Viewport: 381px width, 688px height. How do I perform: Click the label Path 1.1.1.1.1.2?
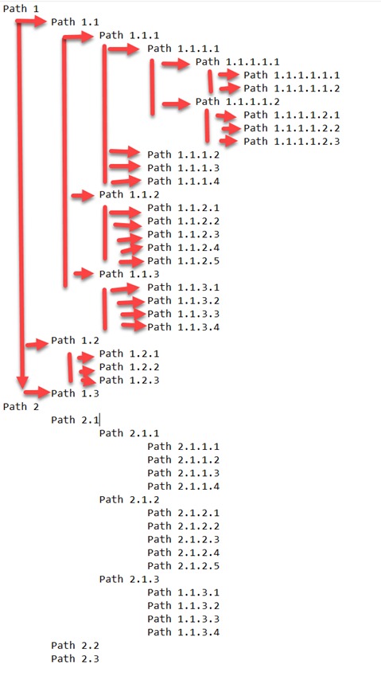point(292,88)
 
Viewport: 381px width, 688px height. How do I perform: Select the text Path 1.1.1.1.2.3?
point(292,141)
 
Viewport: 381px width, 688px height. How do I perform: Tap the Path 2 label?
point(21,407)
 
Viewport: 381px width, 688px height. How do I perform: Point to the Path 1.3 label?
point(75,393)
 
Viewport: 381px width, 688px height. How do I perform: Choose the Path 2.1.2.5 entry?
point(183,565)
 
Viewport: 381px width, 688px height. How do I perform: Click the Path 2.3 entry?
point(75,659)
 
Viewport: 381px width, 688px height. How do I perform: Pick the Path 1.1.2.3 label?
point(183,234)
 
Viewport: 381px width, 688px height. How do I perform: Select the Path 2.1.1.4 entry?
point(183,487)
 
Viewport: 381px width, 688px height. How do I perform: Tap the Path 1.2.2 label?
point(130,367)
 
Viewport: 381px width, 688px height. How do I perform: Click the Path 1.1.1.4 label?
point(183,182)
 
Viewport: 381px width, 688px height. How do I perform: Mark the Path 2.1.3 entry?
point(130,579)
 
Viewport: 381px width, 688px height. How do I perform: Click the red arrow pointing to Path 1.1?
point(32,21)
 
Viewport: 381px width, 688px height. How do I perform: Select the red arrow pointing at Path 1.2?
point(37,345)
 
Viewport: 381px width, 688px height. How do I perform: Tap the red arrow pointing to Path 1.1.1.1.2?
point(177,104)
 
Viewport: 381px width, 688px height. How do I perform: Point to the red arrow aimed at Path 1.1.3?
point(84,274)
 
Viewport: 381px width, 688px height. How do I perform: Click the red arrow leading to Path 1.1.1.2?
point(125,152)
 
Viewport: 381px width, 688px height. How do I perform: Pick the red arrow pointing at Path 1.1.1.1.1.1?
point(229,75)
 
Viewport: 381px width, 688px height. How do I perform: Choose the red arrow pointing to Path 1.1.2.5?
point(131,262)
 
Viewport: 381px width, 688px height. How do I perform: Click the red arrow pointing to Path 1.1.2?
point(83,196)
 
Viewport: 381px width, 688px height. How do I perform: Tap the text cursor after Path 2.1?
point(100,420)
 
